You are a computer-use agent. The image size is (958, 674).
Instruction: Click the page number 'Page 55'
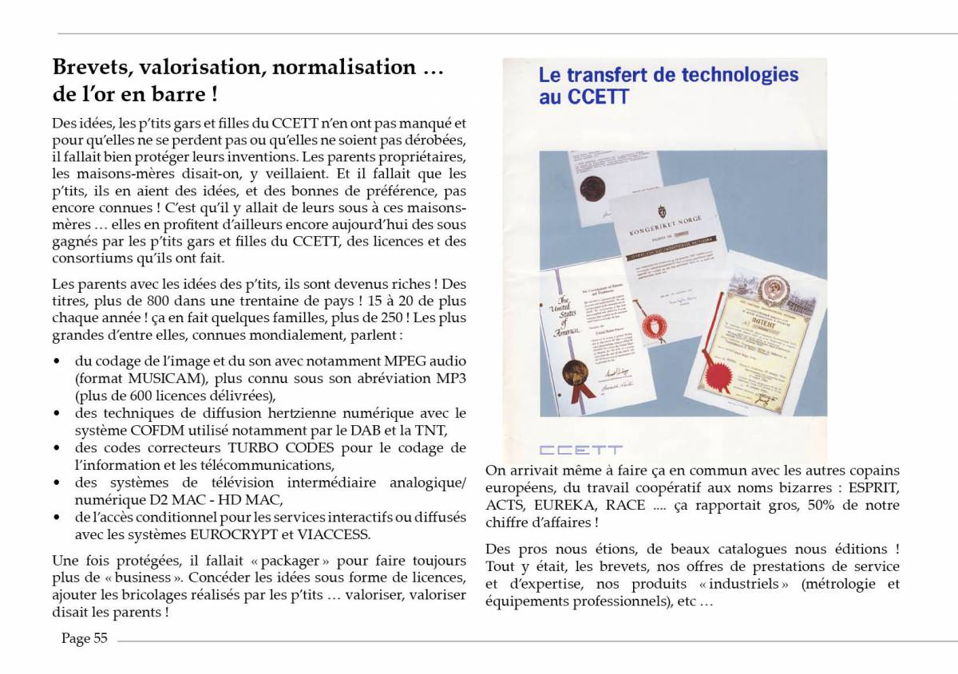tap(85, 638)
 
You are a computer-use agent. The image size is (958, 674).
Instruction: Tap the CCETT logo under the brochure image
tap(580, 450)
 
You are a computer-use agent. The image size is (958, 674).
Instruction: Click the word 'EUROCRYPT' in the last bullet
tap(245, 534)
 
